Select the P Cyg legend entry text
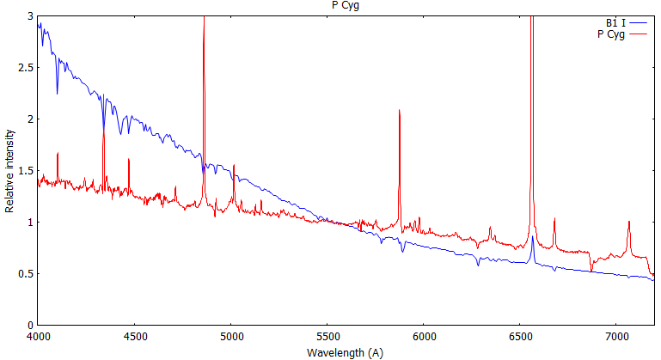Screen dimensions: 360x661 click(609, 34)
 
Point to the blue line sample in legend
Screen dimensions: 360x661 click(637, 23)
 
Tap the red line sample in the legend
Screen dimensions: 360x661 click(637, 34)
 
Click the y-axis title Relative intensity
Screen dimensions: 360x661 click(9, 171)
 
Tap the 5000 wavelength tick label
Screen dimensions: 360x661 click(231, 336)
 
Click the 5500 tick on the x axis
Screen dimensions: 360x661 click(327, 336)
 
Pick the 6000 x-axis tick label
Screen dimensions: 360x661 click(424, 336)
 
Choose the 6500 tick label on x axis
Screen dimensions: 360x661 click(521, 336)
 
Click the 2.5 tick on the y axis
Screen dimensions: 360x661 click(25, 68)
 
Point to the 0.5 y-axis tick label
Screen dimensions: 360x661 click(25, 274)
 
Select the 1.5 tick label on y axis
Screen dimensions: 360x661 click(25, 171)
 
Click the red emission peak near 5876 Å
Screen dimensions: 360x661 click(400, 111)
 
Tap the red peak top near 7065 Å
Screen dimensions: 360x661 click(628, 222)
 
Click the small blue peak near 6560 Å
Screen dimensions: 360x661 click(532, 238)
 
